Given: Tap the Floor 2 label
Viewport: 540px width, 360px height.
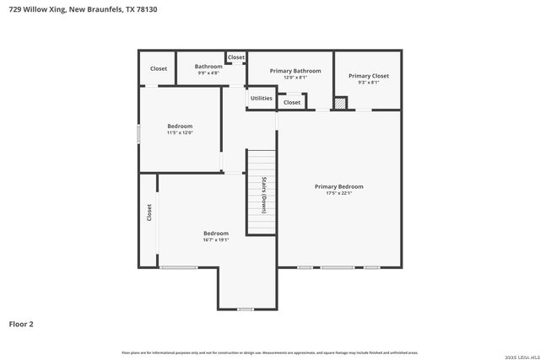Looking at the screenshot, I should click(21, 323).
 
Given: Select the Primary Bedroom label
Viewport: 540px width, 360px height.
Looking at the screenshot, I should click(338, 186).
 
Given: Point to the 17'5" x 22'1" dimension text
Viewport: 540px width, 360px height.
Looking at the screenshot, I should click(338, 193).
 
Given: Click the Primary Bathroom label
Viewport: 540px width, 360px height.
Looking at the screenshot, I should click(295, 71).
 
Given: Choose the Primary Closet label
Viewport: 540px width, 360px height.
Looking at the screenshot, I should click(368, 76).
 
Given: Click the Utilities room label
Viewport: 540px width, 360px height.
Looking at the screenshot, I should click(262, 98).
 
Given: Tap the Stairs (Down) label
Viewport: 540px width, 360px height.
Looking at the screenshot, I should click(263, 195).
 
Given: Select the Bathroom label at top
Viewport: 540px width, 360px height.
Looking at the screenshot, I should click(208, 66).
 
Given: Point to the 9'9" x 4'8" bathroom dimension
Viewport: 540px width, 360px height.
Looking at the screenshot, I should click(208, 73).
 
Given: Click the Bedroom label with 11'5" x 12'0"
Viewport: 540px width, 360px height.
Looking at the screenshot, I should click(180, 126).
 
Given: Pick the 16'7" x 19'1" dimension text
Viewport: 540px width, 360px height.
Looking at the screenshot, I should click(216, 239).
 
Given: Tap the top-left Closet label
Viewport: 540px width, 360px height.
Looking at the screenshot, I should click(159, 68).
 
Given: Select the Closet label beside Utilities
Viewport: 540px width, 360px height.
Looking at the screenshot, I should click(292, 102).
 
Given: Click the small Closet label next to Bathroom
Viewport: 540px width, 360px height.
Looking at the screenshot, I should click(236, 57).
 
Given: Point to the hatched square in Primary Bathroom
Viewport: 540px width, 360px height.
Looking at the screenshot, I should click(340, 103).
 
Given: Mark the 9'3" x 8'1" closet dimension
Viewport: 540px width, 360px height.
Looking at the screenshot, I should click(368, 83).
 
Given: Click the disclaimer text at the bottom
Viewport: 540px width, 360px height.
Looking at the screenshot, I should click(270, 352).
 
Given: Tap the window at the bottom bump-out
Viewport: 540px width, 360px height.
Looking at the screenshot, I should click(246, 309).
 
